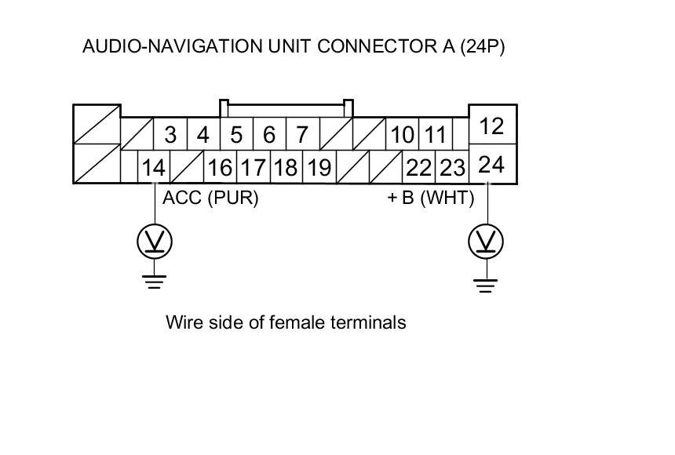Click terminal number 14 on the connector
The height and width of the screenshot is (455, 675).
[154, 168]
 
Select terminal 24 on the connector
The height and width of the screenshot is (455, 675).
[491, 165]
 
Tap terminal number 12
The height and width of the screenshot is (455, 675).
[491, 126]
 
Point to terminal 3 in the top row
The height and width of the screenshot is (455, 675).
[170, 136]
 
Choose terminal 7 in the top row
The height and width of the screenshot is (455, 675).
[302, 136]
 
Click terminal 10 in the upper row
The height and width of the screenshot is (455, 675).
[402, 136]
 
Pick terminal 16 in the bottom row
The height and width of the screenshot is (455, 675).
[221, 168]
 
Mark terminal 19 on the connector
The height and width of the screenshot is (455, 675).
[319, 168]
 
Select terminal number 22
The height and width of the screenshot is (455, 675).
[419, 168]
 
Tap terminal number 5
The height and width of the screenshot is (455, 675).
[236, 136]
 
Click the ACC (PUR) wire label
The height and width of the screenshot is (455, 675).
[210, 198]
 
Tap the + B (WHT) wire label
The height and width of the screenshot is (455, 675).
[431, 198]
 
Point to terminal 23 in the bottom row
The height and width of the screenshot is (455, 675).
[452, 168]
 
